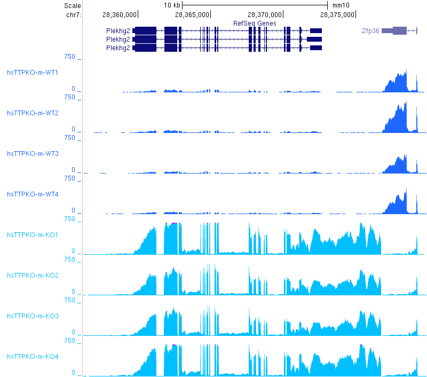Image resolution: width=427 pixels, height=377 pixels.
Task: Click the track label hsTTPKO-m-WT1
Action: [33, 72]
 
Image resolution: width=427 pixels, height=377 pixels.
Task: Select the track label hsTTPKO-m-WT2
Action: [33, 113]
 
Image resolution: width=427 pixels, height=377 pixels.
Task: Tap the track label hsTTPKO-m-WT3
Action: [33, 153]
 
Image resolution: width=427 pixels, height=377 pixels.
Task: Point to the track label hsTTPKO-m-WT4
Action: [33, 194]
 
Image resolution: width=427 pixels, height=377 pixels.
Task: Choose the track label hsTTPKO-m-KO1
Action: [33, 234]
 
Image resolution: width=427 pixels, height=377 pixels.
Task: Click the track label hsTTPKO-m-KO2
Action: [33, 275]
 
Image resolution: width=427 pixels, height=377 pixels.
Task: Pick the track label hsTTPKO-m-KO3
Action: [33, 316]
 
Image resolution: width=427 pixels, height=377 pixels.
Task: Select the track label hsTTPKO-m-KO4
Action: [33, 356]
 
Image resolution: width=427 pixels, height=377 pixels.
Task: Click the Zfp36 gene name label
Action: [370, 31]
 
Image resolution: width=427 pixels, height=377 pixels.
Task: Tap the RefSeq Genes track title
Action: [255, 23]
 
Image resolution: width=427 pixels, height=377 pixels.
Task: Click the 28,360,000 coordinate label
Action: [120, 14]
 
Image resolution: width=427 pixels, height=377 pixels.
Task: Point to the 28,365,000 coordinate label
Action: [192, 14]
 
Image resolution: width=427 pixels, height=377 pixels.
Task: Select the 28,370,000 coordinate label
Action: [265, 14]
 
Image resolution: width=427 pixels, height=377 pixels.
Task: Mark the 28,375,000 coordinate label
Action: [337, 14]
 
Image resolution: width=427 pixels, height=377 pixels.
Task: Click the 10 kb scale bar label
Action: [172, 5]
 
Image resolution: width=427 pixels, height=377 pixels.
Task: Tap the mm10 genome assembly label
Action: [341, 5]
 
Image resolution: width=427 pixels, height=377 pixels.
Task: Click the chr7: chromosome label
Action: [74, 14]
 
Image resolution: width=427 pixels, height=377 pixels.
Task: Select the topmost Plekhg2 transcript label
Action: [118, 31]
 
